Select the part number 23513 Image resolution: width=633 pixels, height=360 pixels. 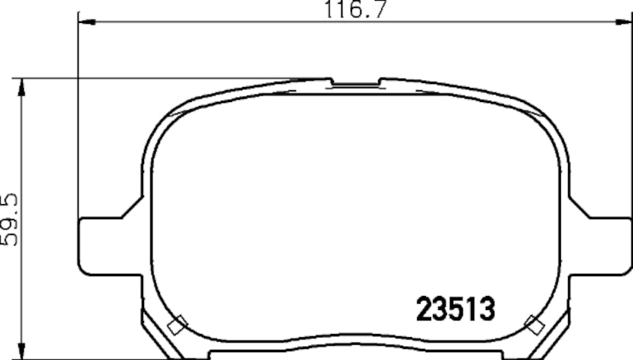[x=455, y=307]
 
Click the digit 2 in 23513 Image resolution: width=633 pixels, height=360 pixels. [x=424, y=307]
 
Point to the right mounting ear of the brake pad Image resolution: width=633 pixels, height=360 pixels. [x=609, y=244]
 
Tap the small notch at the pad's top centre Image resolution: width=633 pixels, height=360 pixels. [x=354, y=82]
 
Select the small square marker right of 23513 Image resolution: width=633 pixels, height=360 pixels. [x=535, y=323]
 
